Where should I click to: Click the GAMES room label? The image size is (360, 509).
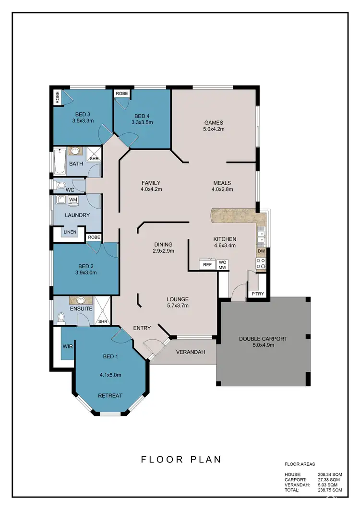click(214, 122)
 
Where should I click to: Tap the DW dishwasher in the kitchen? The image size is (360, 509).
click(261, 251)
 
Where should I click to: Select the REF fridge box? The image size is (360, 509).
click(207, 264)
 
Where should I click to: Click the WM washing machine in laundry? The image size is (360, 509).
click(73, 200)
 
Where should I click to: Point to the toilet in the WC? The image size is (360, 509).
click(60, 186)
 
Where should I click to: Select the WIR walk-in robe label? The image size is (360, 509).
click(67, 345)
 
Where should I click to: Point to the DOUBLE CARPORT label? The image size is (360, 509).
click(263, 339)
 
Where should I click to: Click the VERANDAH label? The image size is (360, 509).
click(191, 352)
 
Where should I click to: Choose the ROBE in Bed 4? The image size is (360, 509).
click(122, 94)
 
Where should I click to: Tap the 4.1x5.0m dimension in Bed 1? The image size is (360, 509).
click(110, 375)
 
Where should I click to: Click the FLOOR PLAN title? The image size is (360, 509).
click(181, 459)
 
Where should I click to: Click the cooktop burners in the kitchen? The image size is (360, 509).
click(261, 264)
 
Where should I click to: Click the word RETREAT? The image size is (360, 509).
click(110, 396)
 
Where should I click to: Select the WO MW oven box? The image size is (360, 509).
click(222, 264)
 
